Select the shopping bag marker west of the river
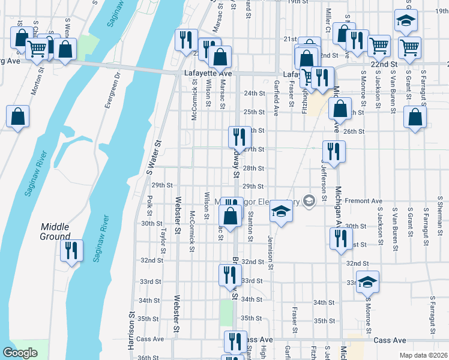(x=17, y=117)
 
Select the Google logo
(x=20, y=353)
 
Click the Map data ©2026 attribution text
(x=423, y=355)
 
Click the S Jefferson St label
(x=324, y=180)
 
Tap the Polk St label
(x=150, y=206)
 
